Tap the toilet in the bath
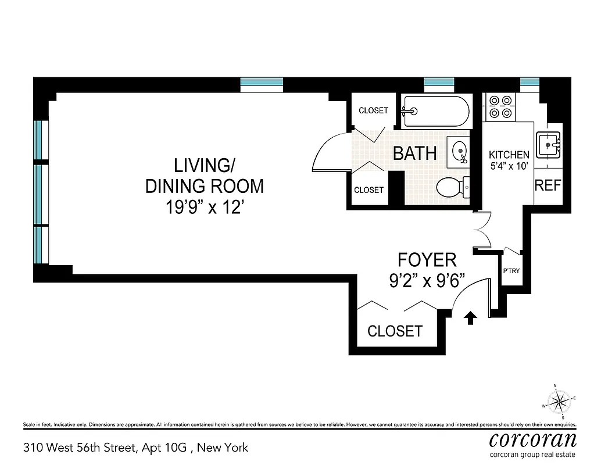[452, 187]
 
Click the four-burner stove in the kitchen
[500, 107]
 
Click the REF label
[548, 185]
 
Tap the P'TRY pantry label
[511, 271]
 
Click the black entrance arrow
[470, 317]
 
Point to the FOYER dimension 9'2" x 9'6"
[428, 281]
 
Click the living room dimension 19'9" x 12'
[203, 207]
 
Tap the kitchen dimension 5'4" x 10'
[509, 165]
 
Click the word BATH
[415, 153]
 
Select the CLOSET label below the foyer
[395, 331]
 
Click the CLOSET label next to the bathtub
[373, 110]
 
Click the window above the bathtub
[439, 83]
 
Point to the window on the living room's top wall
[262, 83]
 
